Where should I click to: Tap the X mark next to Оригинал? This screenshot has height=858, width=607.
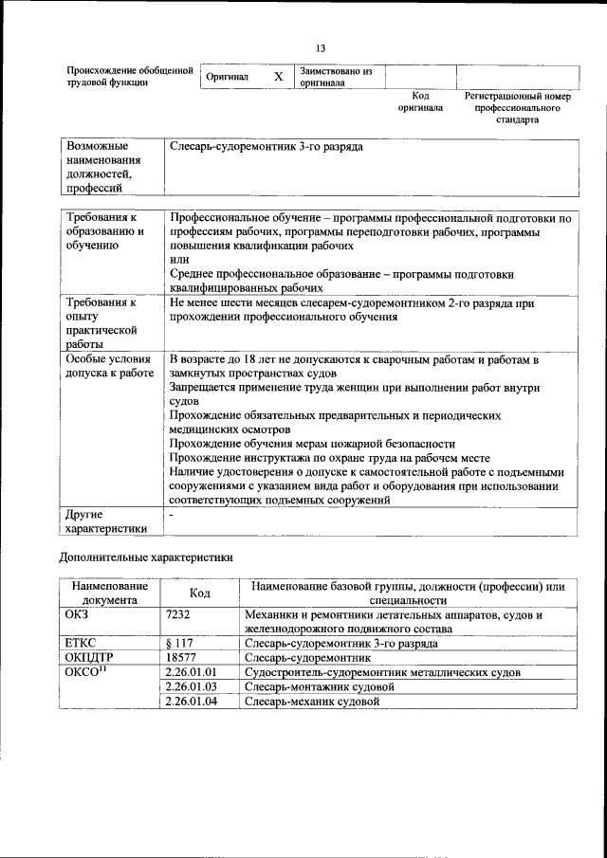[x=278, y=77]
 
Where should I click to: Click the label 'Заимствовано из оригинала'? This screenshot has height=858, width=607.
[x=335, y=77]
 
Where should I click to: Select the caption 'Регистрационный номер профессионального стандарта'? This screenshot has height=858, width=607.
[x=517, y=108]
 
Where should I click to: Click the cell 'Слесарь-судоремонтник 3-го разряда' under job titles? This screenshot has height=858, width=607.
[x=266, y=148]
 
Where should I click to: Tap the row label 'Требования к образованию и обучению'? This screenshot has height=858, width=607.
[x=103, y=231]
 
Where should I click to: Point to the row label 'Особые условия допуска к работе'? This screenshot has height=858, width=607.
[x=109, y=367]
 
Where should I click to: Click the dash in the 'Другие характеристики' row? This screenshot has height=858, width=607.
[x=171, y=513]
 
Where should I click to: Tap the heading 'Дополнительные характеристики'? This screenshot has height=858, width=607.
[x=145, y=557]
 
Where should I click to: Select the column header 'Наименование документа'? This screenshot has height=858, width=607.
[x=109, y=593]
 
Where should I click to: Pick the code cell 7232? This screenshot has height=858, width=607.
[x=178, y=615]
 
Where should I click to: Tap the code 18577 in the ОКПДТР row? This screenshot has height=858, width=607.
[x=180, y=657]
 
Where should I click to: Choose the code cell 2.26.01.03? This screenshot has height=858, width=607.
[x=192, y=686]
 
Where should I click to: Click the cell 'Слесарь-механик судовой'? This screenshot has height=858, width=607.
[x=312, y=702]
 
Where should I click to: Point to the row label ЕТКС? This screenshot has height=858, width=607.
[x=83, y=643]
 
